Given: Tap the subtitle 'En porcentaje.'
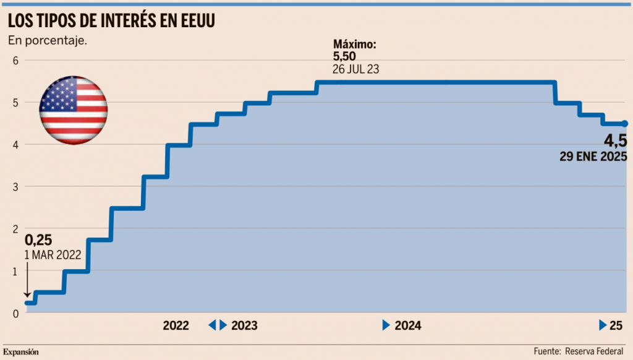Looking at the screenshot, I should (48, 41).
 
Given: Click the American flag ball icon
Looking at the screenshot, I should (74, 111).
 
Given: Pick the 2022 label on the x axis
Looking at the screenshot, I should (176, 325).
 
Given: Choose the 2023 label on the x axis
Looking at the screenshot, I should (244, 325).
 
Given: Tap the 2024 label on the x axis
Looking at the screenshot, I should (407, 325).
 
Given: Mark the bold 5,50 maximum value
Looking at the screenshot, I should (344, 56).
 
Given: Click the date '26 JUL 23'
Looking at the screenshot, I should (355, 69).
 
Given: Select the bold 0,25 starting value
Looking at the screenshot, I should (38, 240).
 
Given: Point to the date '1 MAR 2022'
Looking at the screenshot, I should (53, 254).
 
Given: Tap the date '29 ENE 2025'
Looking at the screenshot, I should (593, 156).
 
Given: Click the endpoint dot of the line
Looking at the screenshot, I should (624, 124).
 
